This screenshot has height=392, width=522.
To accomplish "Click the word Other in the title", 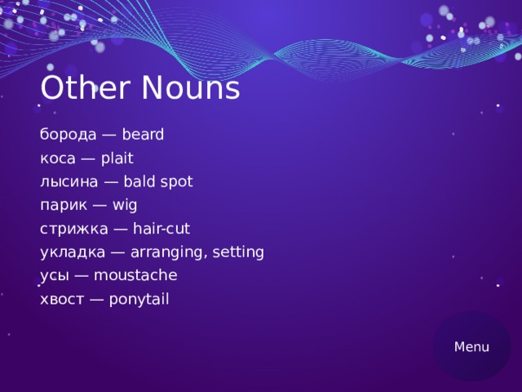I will [x=77, y=88].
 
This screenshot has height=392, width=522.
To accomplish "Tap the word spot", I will [x=175, y=181].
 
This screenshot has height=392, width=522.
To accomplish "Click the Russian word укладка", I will [x=71, y=252].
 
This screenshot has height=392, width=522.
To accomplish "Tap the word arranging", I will [x=166, y=253].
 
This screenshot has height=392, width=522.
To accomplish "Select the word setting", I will [x=238, y=252].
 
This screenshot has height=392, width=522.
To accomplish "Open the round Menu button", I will [x=472, y=346].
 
